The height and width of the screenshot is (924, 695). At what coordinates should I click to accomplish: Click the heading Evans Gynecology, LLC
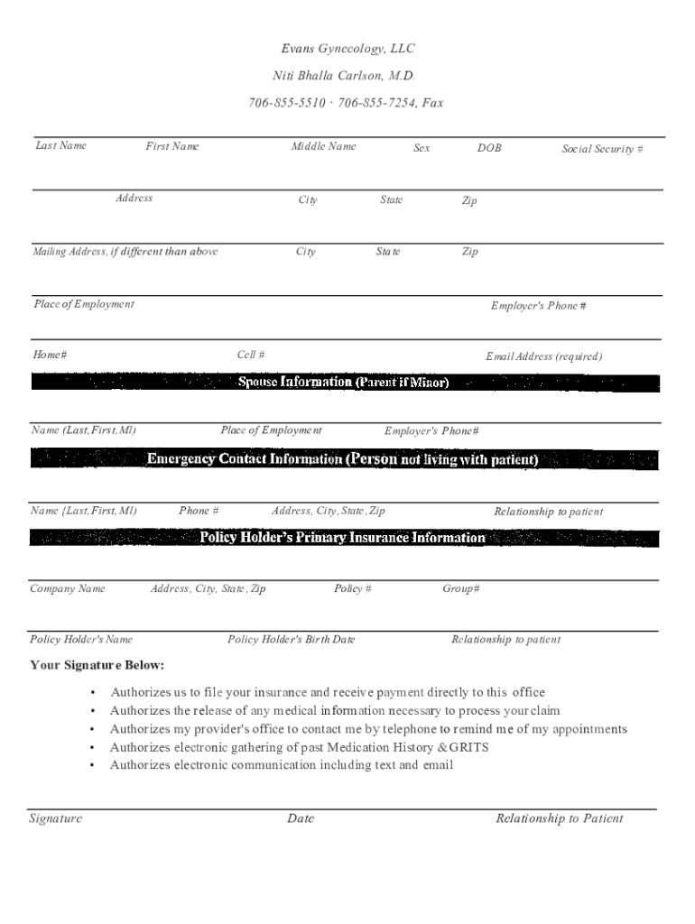[x=347, y=49]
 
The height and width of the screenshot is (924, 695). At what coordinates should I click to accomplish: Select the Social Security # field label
[x=602, y=149]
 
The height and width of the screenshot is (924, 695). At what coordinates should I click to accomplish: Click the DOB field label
[x=489, y=148]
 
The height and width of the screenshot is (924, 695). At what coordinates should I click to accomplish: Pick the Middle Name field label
[x=323, y=146]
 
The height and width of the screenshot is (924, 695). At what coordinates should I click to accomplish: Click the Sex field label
[x=422, y=148]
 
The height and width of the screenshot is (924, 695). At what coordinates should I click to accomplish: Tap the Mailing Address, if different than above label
[x=125, y=252]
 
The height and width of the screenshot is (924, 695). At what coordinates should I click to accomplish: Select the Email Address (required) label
[x=543, y=356]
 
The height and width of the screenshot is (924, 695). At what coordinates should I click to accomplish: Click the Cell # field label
[x=251, y=356]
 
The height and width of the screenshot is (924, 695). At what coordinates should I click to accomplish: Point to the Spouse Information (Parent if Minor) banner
[x=343, y=383]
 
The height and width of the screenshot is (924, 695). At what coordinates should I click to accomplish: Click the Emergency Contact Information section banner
[x=343, y=459]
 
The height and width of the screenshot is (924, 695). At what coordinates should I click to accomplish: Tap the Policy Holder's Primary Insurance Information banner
[x=343, y=538]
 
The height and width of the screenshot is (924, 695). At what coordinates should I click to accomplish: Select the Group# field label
[x=460, y=589]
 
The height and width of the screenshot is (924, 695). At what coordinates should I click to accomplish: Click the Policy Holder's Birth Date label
[x=291, y=640]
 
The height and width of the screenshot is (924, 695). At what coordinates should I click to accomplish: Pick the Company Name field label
[x=68, y=589]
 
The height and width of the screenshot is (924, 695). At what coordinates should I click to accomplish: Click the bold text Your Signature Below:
[x=97, y=666]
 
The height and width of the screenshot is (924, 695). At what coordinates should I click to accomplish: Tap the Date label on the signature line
[x=301, y=818]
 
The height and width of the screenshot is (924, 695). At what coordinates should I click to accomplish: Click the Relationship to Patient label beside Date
[x=559, y=818]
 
